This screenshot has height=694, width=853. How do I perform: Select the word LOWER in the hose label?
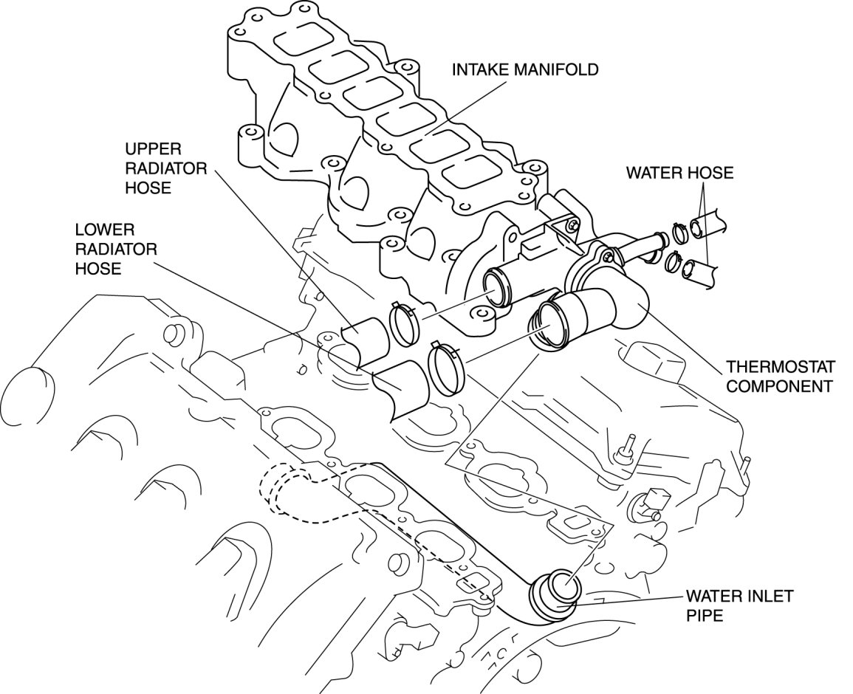[103, 230]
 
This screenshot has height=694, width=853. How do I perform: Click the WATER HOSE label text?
[679, 173]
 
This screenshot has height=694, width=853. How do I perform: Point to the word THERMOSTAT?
[780, 366]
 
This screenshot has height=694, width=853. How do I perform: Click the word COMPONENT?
[778, 385]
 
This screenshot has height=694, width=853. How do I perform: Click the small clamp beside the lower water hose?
[672, 261]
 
